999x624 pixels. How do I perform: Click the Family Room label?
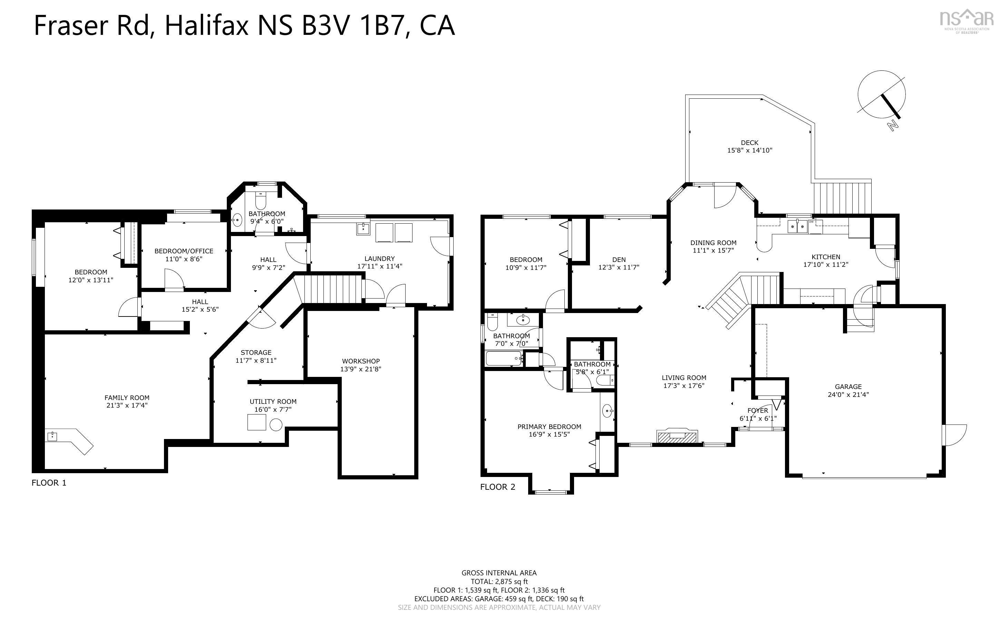tap(127, 398)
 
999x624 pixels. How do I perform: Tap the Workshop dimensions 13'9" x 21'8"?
tap(360, 369)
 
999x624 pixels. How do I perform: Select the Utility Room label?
tap(273, 401)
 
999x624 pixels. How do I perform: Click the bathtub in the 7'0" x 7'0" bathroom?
tap(503, 358)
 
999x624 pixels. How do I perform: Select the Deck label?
tap(749, 143)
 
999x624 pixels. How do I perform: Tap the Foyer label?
tap(758, 410)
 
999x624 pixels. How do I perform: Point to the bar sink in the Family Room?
tap(52, 436)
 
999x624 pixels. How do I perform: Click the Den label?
tap(619, 259)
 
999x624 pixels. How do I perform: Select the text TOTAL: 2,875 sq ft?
tap(499, 582)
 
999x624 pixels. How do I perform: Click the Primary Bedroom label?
tap(549, 426)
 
